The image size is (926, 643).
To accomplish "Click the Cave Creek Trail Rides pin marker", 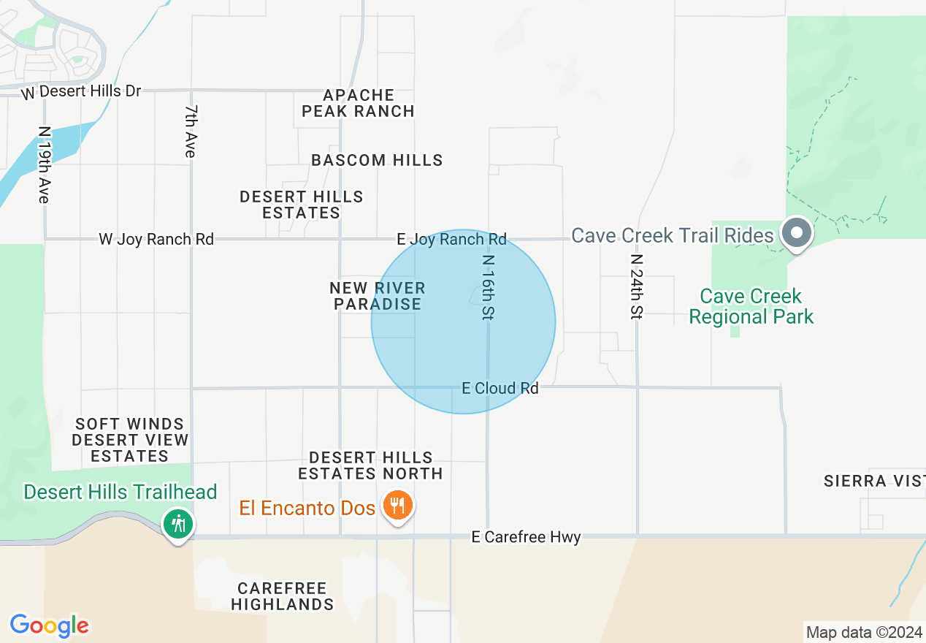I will [x=797, y=234].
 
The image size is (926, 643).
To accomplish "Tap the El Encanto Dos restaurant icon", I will [x=397, y=506].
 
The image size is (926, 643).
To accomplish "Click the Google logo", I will [x=49, y=625].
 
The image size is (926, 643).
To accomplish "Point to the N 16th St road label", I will [x=488, y=287].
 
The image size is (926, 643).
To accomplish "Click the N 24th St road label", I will [x=637, y=287].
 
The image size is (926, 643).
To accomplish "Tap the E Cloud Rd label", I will [x=500, y=388].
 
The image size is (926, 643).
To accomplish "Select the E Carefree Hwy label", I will [x=526, y=538].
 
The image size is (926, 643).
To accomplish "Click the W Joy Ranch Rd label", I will [x=156, y=239].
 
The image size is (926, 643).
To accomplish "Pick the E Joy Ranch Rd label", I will [x=451, y=239].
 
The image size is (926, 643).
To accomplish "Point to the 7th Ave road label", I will [x=191, y=132].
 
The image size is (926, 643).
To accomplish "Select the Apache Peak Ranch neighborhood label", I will [x=359, y=103].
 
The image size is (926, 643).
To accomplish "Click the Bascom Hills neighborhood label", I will [x=377, y=160].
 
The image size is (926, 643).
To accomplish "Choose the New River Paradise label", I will [x=378, y=296].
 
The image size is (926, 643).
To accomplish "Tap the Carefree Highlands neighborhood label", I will [x=283, y=596].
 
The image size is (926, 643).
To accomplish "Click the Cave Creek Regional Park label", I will [x=751, y=306].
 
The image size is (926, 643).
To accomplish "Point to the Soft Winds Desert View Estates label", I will [x=130, y=440].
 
